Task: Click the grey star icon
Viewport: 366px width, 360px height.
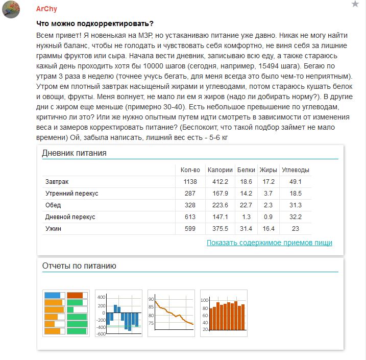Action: click(355, 4)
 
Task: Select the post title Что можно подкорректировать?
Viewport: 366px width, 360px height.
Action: click(95, 24)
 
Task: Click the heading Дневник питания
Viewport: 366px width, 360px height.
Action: click(74, 153)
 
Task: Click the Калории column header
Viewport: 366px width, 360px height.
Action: click(220, 170)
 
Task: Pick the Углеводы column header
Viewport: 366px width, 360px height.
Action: click(296, 170)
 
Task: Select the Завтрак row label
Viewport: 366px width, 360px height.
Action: click(57, 182)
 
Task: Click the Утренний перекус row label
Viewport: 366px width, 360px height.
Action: click(71, 194)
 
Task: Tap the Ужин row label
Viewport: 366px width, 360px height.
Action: click(53, 229)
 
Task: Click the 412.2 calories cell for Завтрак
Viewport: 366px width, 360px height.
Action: click(220, 182)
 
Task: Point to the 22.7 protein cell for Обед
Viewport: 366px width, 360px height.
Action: click(246, 205)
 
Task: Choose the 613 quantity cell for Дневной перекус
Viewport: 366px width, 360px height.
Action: click(190, 217)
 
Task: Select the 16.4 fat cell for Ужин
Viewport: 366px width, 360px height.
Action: click(269, 229)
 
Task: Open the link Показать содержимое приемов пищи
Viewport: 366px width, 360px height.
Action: click(270, 243)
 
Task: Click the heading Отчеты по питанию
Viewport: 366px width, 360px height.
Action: click(79, 266)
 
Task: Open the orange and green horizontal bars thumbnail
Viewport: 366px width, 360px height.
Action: click(66, 313)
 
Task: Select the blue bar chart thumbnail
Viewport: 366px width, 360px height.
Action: click(118, 313)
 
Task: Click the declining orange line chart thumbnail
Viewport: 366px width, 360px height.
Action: click(171, 313)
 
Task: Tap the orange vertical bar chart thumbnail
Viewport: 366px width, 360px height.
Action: click(224, 313)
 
